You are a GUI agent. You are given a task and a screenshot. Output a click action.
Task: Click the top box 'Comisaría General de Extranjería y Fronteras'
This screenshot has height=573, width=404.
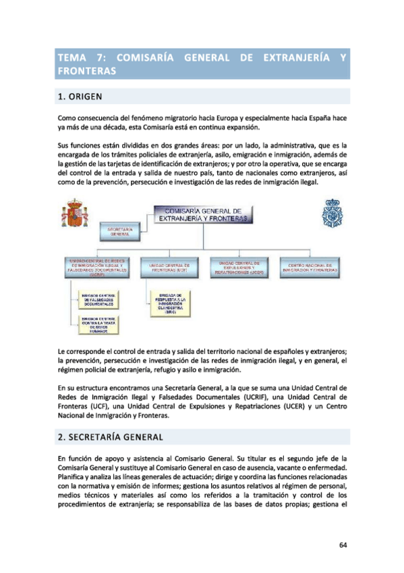coord(203,214)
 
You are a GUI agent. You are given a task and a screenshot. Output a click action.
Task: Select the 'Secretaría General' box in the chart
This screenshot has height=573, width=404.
coord(119,232)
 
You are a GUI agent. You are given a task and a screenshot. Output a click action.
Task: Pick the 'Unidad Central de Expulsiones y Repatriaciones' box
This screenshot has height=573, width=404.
coord(240,267)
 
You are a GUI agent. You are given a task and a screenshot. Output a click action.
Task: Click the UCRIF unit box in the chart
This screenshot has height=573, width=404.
coord(99,268)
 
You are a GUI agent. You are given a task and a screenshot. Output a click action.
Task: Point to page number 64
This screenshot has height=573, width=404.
coord(343,546)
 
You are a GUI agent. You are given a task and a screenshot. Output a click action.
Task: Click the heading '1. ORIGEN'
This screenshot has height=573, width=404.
coord(80,97)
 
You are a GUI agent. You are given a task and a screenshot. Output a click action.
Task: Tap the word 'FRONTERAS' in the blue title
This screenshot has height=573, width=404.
coord(88,70)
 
